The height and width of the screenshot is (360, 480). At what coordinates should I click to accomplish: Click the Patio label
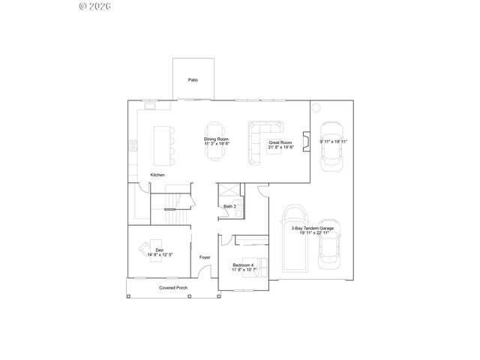coord(193,79)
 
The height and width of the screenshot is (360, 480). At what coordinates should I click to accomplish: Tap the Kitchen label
coord(157,175)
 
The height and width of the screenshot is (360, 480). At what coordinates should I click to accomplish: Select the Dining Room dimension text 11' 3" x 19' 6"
coord(216,144)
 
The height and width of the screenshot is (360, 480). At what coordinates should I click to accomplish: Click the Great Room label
coord(280,142)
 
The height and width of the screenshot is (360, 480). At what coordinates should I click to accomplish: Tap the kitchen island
coord(162,144)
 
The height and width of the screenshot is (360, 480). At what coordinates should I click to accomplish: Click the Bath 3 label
coord(229,206)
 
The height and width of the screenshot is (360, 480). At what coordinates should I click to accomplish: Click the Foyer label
coord(205,257)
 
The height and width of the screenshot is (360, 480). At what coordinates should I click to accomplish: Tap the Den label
coord(159,250)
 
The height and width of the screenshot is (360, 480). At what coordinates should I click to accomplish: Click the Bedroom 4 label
coord(243,265)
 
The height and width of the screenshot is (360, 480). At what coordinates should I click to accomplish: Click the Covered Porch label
coord(173,288)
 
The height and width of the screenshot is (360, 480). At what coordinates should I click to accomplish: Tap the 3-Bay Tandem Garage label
coord(312,228)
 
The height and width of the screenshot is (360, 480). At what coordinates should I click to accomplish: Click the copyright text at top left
coord(95,6)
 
